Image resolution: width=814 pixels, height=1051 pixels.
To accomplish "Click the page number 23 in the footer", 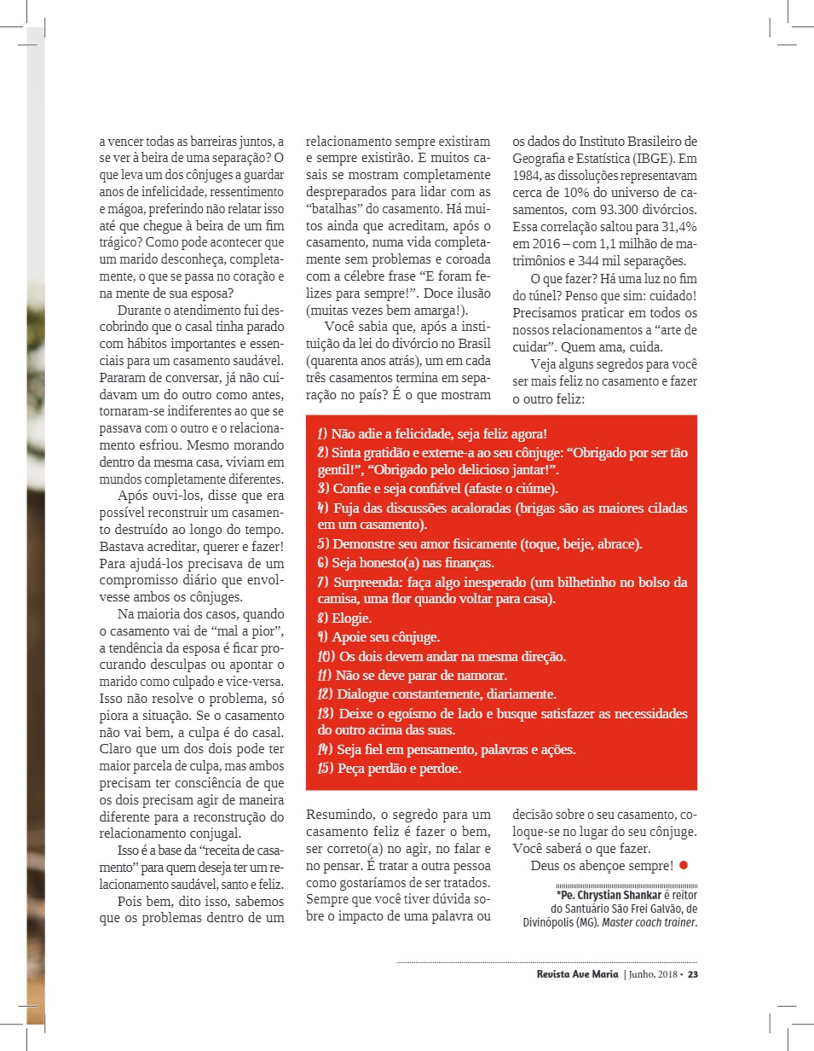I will coord(693,974).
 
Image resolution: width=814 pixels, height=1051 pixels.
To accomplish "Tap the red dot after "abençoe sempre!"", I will coord(684,866).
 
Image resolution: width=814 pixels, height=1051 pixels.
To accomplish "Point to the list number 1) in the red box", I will coord(323,433).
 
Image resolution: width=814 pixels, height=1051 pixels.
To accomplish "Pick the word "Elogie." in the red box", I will coord(351,618).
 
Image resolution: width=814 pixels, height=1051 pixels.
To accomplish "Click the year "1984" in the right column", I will coord(528,176).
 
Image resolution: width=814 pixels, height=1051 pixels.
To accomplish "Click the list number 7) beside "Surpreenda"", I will coord(323,583).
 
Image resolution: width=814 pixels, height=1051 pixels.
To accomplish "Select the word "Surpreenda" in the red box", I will coord(367,583).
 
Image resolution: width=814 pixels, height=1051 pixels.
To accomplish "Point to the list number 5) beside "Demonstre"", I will coord(323,543).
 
